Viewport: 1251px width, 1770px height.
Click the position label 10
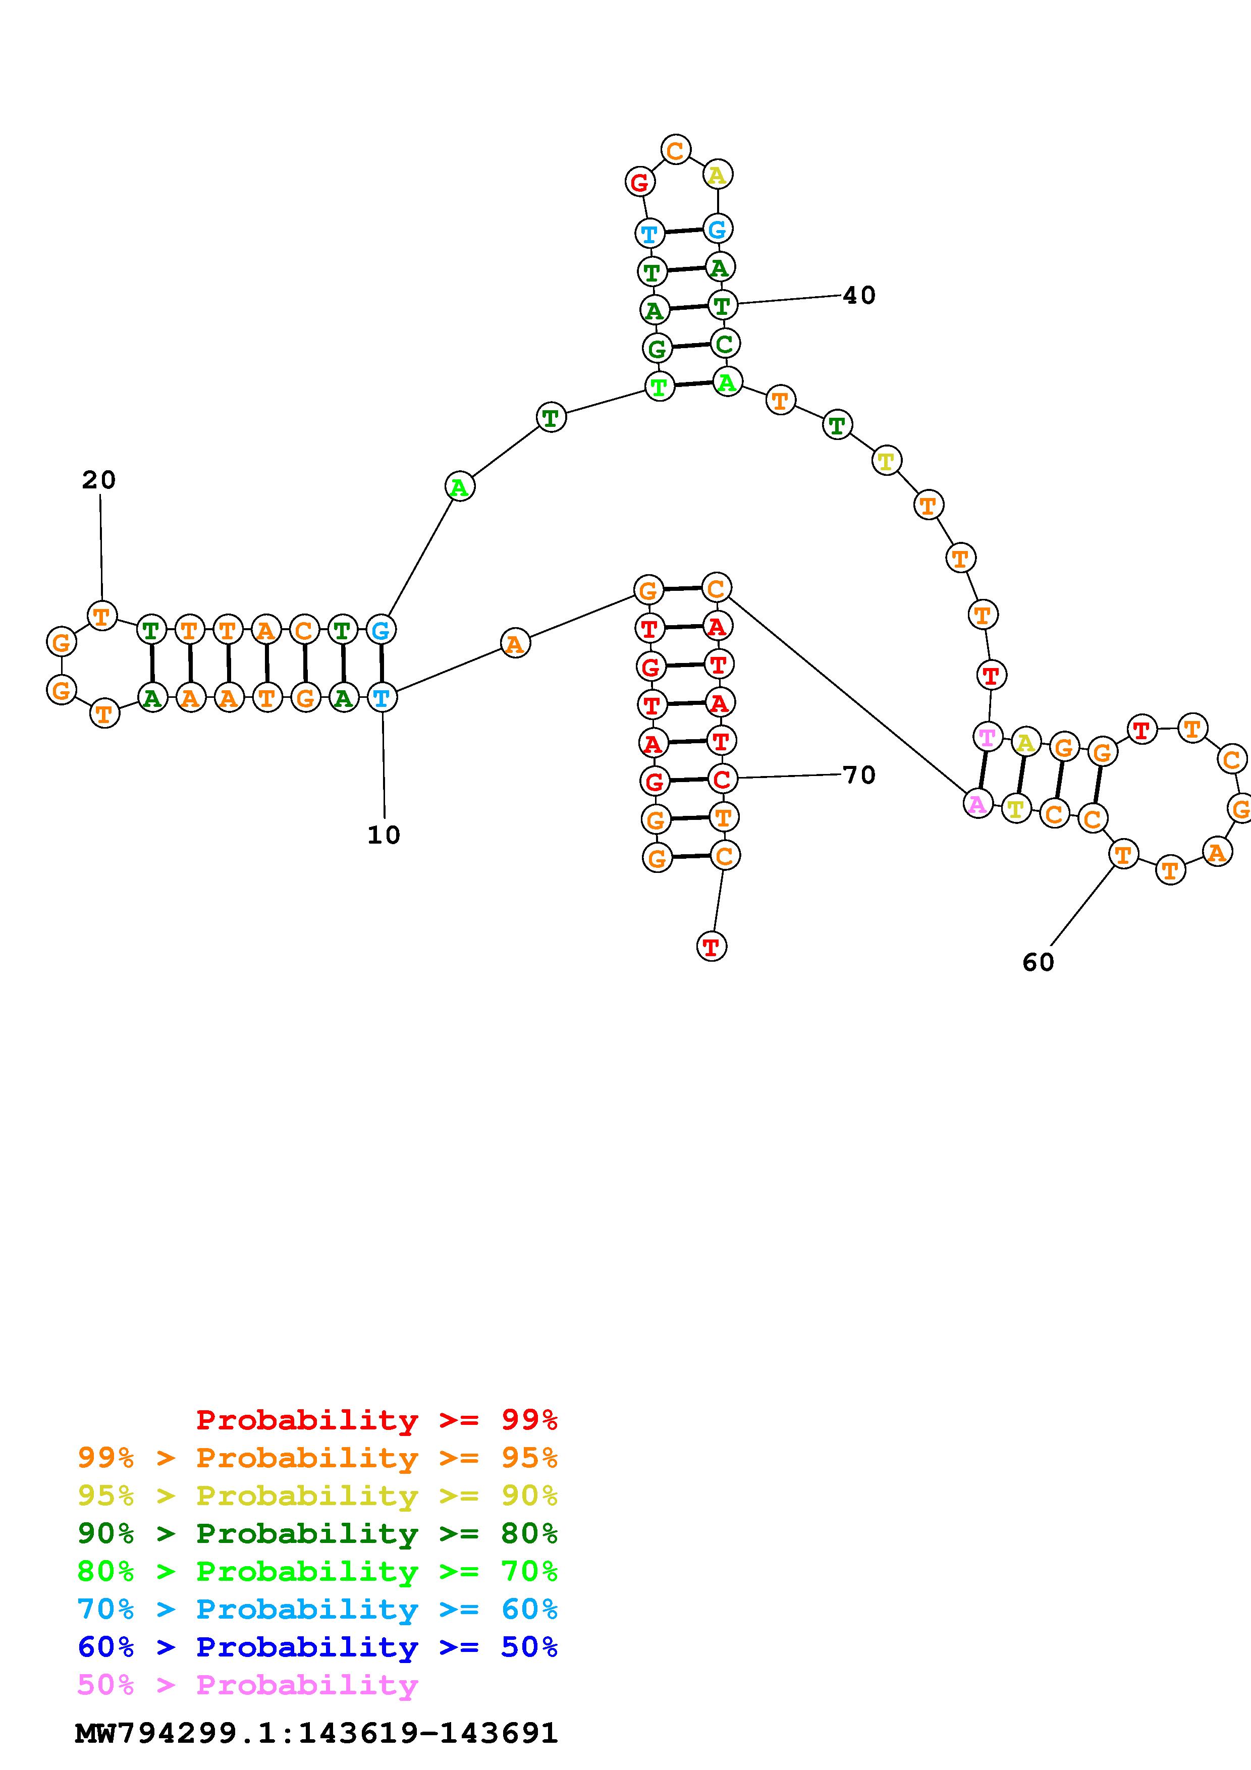384,835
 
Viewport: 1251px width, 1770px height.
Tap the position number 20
99,480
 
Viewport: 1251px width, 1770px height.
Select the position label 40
859,295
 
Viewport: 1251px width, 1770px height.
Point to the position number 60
1038,962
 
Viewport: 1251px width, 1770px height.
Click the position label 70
859,775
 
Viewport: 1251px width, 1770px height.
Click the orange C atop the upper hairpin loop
675,149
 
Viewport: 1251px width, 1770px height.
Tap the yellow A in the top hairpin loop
718,175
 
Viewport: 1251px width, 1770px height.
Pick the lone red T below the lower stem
712,946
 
